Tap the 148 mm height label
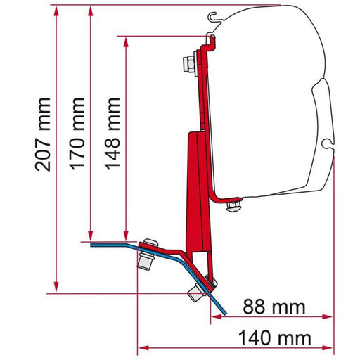pos(113,138)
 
